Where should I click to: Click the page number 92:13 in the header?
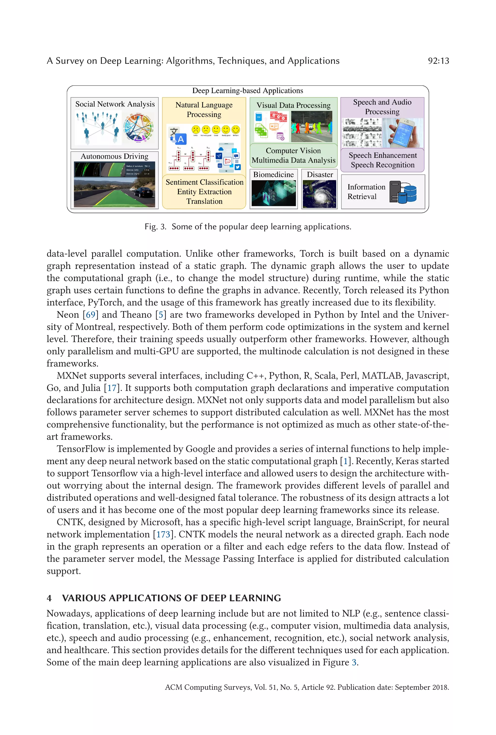click(438, 61)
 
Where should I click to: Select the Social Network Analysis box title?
click(115, 104)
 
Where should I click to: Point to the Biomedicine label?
click(273, 175)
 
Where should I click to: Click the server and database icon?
click(403, 192)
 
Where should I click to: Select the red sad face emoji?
click(196, 130)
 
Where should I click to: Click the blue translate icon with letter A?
click(178, 136)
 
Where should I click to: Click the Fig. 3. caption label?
click(155, 227)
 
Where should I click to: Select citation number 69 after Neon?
click(90, 315)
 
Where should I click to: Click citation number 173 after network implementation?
click(163, 534)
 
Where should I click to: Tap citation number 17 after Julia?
click(112, 388)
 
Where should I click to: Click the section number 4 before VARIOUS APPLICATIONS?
click(49, 598)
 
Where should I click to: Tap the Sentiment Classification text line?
click(204, 182)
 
